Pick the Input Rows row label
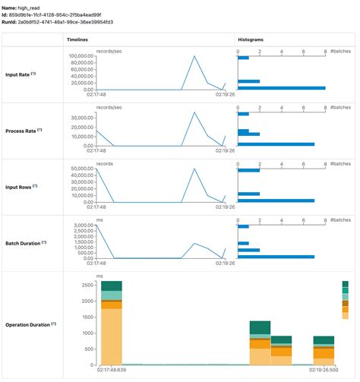tap(22, 186)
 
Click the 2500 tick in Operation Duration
tap(86, 285)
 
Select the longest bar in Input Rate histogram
tap(281, 88)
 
